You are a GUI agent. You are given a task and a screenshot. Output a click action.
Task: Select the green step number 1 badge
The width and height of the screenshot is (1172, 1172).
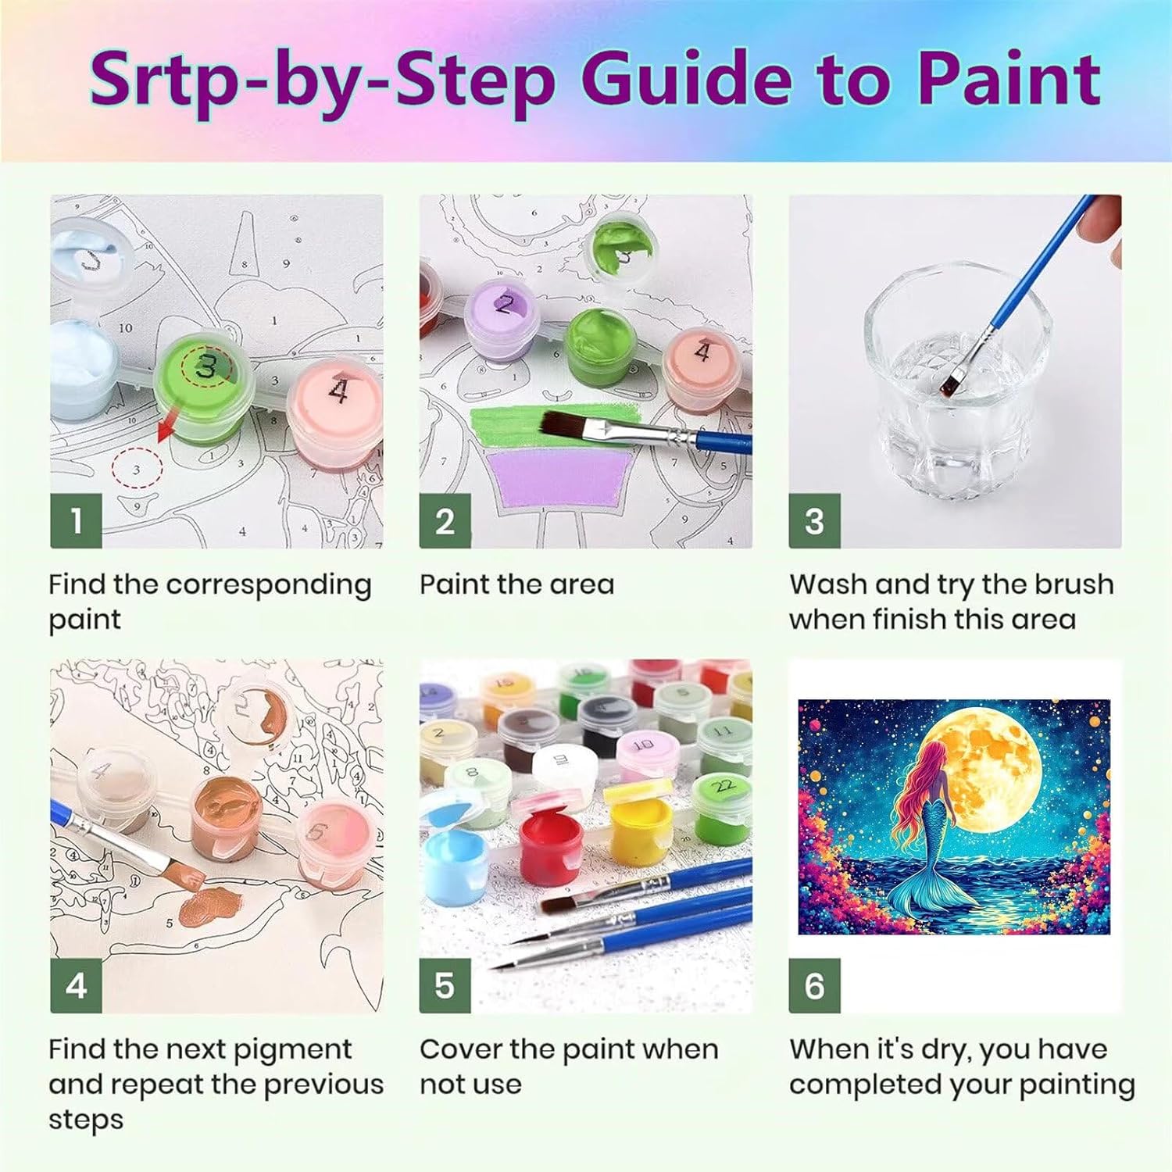77,520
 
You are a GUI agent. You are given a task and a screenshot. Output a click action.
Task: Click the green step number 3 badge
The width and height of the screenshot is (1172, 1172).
814,520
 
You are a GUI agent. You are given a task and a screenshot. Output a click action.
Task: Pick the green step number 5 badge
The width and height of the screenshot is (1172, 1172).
445,986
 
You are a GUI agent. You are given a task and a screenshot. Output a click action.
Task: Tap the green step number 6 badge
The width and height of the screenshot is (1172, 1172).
814,986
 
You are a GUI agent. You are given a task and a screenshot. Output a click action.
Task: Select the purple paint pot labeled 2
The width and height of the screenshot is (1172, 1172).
505,320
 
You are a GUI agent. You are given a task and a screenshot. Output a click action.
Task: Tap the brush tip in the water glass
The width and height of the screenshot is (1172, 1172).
952,382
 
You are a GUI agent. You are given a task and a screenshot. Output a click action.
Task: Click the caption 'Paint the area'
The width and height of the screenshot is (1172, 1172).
516,584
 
